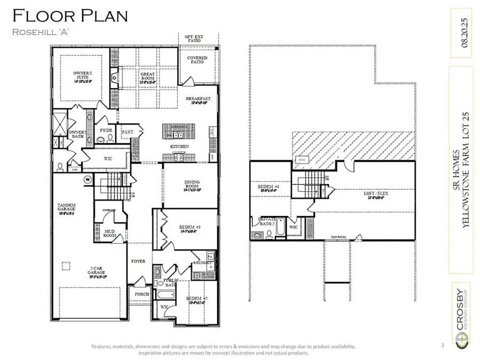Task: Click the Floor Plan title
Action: [70, 15]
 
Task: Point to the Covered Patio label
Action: [197, 60]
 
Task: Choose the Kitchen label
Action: [179, 146]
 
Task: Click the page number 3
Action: [442, 346]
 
